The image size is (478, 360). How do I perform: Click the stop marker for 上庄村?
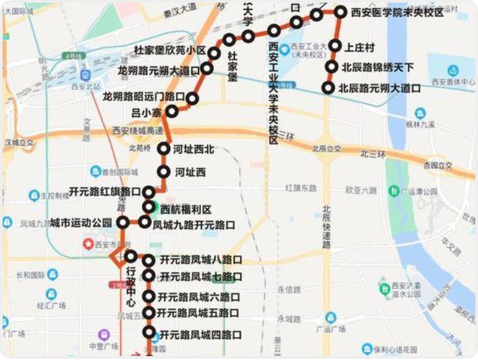pos(335,46)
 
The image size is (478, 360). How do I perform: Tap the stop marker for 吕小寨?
pos(172,112)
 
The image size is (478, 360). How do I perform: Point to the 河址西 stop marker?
pos(163,172)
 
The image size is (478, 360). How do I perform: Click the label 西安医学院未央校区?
pos(398,12)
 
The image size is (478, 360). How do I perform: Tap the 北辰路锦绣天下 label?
pos(378,67)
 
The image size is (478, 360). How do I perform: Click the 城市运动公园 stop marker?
pos(122,222)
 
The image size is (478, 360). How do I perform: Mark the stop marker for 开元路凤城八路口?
pos(149,260)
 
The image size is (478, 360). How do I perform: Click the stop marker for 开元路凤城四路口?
pos(150,334)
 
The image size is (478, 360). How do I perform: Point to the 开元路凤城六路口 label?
pos(199,297)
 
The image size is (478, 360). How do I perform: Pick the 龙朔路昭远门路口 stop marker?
pos(192,99)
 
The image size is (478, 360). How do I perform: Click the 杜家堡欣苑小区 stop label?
pos(170,51)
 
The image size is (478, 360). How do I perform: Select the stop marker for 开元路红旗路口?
pos(149,192)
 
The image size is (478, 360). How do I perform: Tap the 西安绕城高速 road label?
pos(138,131)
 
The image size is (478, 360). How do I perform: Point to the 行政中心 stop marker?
pos(130,256)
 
